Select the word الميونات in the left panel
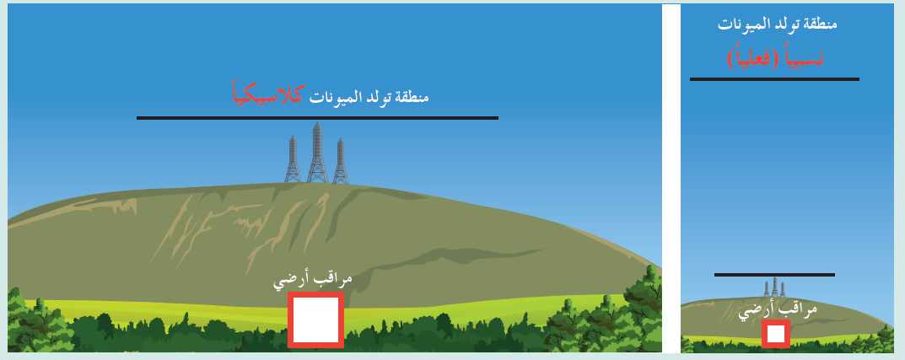[331, 96]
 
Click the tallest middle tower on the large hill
[317, 153]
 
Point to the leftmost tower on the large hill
[293, 159]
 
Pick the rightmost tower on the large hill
[341, 161]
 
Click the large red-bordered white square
[315, 320]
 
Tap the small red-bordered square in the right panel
[776, 334]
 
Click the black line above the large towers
[317, 118]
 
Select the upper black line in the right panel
[774, 79]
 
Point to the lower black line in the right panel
[774, 275]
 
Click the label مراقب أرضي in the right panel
[778, 311]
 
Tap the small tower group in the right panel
[774, 287]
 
